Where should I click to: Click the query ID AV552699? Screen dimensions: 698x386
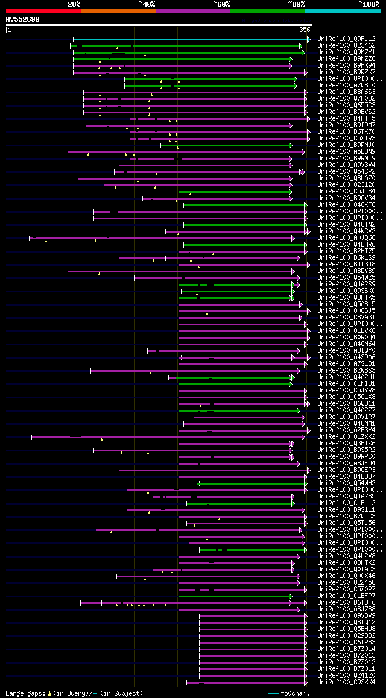tap(23, 19)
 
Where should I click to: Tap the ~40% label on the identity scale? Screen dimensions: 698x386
tap(147, 4)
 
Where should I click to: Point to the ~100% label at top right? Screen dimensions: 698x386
tap(369, 4)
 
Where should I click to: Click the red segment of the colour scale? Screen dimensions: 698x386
tap(43, 11)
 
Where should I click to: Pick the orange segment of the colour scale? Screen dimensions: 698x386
tap(118, 11)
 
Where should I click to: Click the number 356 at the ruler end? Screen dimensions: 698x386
tap(305, 30)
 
